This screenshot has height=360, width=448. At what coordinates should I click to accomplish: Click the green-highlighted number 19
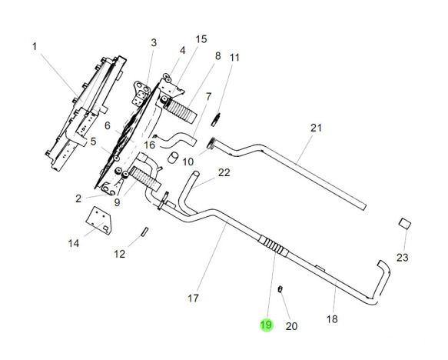(266, 325)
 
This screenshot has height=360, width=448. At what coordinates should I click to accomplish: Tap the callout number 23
(403, 258)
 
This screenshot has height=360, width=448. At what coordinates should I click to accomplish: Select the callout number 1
(35, 46)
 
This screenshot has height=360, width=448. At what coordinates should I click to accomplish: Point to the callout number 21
(316, 128)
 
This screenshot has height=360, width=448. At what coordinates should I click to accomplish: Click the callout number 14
(74, 244)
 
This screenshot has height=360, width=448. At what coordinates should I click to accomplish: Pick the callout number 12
(119, 254)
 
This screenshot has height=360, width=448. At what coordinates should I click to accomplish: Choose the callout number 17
(193, 298)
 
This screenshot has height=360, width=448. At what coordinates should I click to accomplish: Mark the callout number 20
(291, 326)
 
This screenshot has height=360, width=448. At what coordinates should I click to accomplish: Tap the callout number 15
(201, 39)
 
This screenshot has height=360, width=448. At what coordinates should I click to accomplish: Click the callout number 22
(224, 172)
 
